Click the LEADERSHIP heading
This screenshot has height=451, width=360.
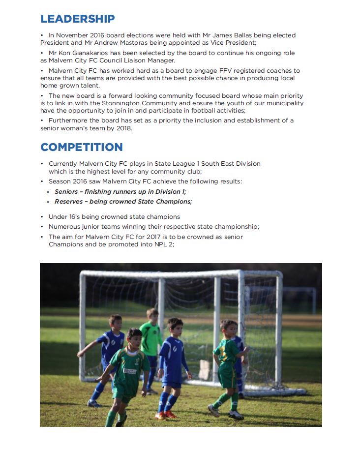coord(77,19)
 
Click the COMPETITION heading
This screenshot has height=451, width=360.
coord(81,147)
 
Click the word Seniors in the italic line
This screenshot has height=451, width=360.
coord(66,192)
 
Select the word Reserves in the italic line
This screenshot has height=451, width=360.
coord(69,202)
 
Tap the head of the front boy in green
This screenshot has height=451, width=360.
coord(134,337)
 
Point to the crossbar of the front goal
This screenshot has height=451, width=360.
coord(162,273)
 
